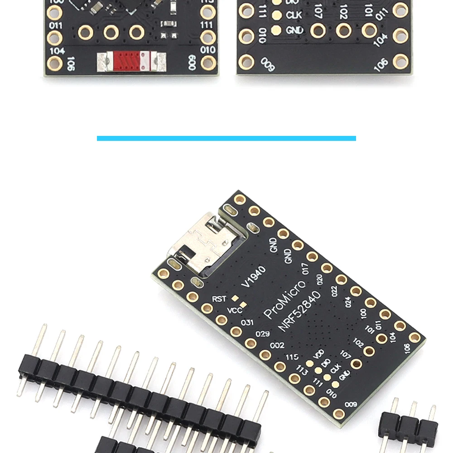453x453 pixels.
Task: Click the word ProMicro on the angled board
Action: coord(284,299)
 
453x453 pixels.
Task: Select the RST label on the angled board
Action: coord(219,299)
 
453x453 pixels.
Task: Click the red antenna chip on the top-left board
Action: coord(130,60)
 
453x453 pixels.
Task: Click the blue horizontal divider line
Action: coord(226,138)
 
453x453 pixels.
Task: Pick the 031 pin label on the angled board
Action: coord(247,322)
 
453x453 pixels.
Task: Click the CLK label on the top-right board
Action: coord(294,15)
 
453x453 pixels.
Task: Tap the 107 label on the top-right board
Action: coord(318,10)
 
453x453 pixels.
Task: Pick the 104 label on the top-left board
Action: coord(57,51)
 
